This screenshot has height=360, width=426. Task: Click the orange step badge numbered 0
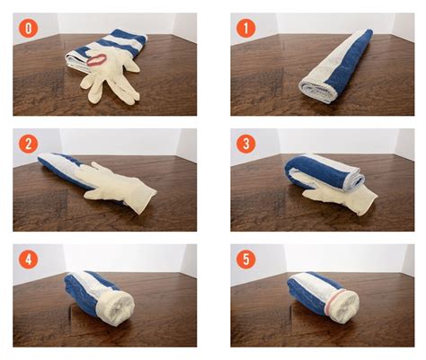tap(29, 28)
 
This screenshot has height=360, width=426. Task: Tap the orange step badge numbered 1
tap(245, 28)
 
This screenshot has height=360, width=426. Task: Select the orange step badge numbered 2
tap(29, 144)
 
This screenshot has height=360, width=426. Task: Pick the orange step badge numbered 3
tap(245, 144)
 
